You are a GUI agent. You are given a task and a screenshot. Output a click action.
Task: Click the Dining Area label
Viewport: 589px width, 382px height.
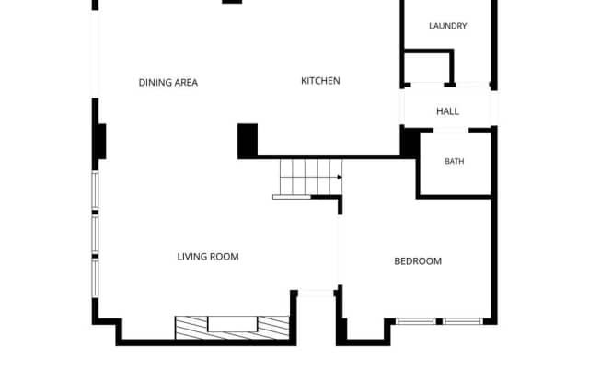coord(167,83)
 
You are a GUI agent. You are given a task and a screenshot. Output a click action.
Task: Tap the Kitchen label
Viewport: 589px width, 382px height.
coord(320,81)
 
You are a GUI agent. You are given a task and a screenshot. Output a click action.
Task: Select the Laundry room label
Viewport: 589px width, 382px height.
coord(448,26)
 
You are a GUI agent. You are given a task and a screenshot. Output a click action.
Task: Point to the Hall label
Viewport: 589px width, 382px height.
coord(447,111)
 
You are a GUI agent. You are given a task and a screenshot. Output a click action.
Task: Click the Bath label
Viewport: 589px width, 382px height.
coord(454,161)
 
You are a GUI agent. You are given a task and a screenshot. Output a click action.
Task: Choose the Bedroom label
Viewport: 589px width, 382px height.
coord(418,261)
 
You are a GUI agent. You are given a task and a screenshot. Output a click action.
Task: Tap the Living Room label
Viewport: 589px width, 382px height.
coord(208,257)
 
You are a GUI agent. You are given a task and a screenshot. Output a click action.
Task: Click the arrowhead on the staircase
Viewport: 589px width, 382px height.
coord(340,177)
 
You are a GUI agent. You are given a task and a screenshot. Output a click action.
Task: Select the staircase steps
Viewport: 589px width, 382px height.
coord(311,177)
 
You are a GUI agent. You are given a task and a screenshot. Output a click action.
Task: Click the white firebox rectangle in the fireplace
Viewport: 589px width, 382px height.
coord(233,324)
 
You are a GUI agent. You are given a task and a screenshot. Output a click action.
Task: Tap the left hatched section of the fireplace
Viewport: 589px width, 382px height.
coord(191,327)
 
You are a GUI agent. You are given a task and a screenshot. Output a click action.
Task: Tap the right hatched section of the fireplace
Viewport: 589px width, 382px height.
coord(273,326)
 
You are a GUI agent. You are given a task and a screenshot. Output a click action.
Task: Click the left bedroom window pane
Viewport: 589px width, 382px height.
coord(416,321)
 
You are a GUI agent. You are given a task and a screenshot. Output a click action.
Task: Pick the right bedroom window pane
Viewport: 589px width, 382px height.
coord(462,321)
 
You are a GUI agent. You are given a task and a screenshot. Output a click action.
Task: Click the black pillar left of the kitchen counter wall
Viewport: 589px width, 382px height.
coord(248,141)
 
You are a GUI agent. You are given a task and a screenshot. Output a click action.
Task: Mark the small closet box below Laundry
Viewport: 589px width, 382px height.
coord(428,68)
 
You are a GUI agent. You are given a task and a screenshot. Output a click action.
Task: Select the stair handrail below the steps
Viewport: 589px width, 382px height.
coord(292,197)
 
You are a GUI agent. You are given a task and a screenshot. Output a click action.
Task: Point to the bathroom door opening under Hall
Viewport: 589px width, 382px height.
coord(451,130)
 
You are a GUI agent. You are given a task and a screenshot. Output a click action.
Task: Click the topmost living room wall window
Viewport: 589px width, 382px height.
coord(96,191)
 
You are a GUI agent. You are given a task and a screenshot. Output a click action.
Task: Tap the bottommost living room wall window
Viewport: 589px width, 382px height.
coord(96,278)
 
